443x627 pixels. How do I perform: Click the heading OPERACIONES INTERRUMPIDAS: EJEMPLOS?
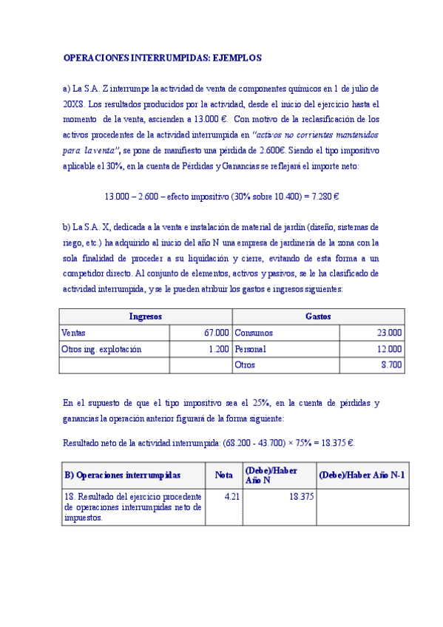[x=162, y=57]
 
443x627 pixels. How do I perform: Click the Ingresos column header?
[x=146, y=316]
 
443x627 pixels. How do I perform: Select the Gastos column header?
[x=318, y=316]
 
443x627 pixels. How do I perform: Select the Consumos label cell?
[x=253, y=333]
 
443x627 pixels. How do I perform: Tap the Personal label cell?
[x=250, y=349]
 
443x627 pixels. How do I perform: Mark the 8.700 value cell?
[x=391, y=365]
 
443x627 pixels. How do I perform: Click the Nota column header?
[x=223, y=475]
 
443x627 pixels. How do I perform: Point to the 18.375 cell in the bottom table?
[x=300, y=497]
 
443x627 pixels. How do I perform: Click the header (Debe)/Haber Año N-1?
[x=362, y=475]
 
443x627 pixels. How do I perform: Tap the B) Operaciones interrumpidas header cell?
[x=122, y=475]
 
